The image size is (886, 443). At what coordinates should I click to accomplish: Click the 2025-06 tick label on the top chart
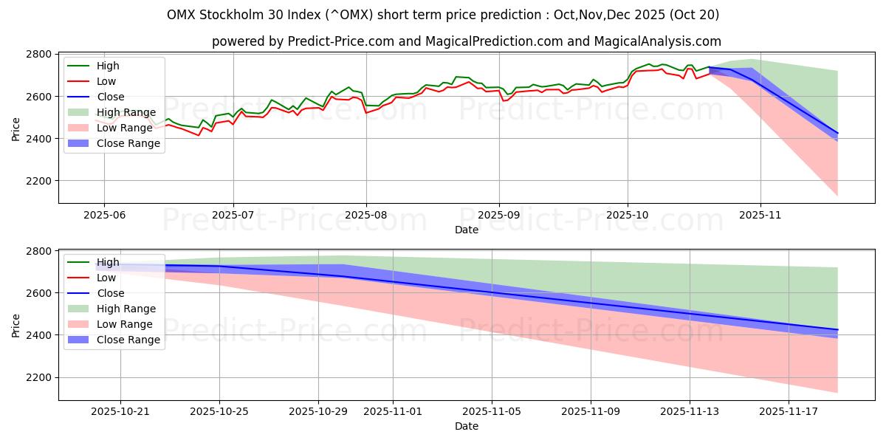tap(103, 215)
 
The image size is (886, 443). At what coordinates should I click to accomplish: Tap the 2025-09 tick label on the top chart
tap(499, 215)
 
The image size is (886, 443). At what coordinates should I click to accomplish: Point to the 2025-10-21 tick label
tap(121, 412)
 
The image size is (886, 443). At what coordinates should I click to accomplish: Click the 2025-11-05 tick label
tap(492, 412)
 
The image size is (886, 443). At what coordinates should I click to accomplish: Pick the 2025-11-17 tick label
tap(789, 412)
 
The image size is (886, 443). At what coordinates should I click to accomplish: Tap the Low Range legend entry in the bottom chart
tap(125, 324)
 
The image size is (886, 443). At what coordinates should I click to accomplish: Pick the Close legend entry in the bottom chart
tap(110, 293)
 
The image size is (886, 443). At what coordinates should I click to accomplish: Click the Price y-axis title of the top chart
tap(16, 128)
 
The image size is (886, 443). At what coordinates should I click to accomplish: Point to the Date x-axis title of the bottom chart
tap(466, 426)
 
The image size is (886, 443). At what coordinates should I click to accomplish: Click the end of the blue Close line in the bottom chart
tap(837, 329)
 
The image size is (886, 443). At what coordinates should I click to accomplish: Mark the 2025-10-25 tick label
tap(220, 412)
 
